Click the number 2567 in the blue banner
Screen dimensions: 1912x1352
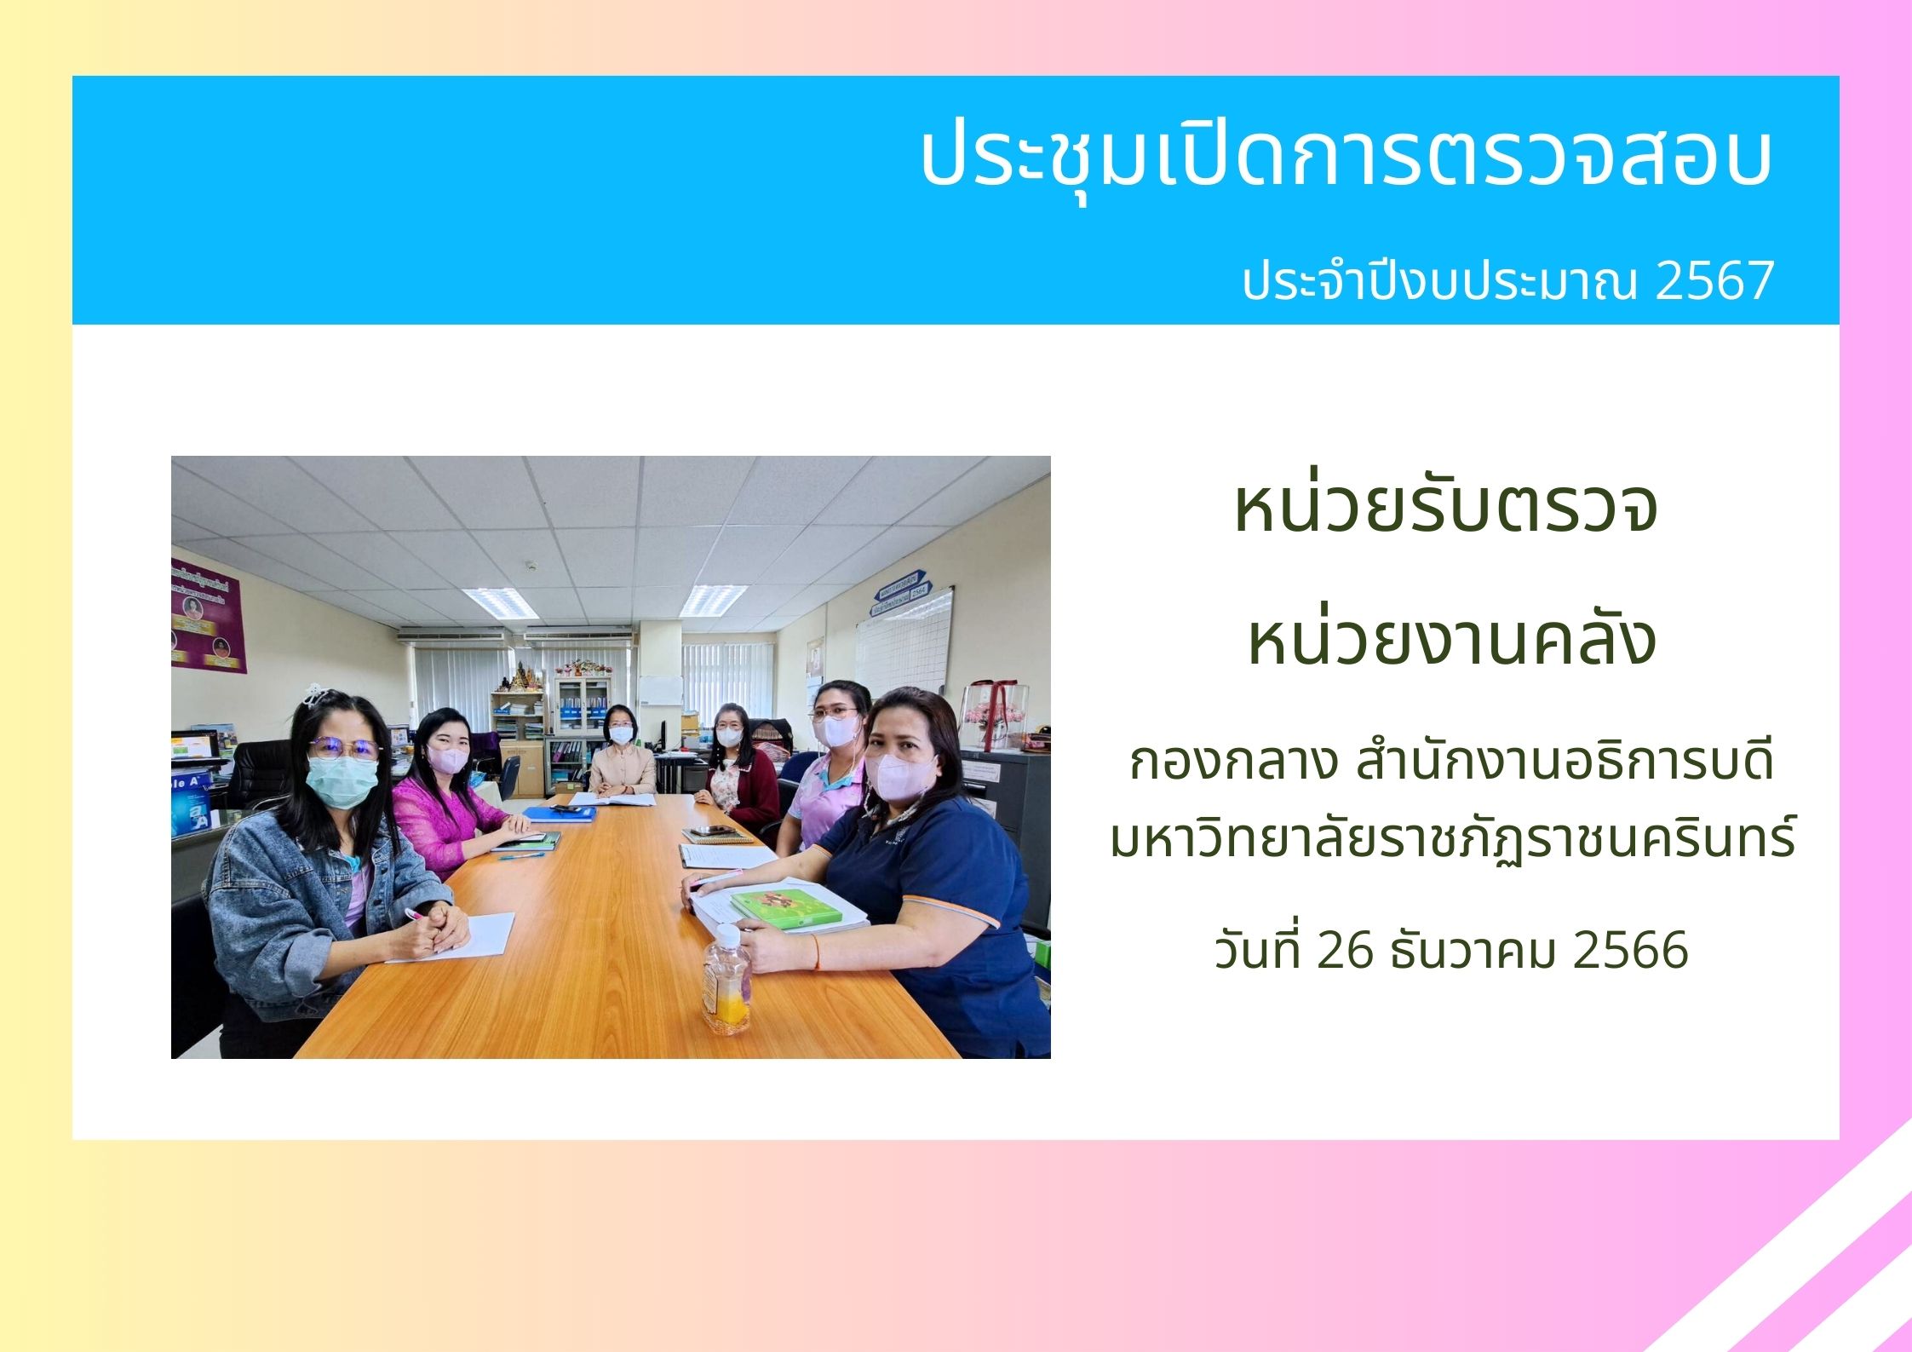pos(1714,280)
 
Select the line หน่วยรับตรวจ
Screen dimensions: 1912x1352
pos(1445,506)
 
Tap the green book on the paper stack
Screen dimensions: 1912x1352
pos(785,908)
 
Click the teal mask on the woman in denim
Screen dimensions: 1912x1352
pos(341,780)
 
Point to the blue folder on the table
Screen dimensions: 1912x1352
pos(560,812)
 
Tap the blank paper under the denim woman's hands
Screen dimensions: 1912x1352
pos(464,937)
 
